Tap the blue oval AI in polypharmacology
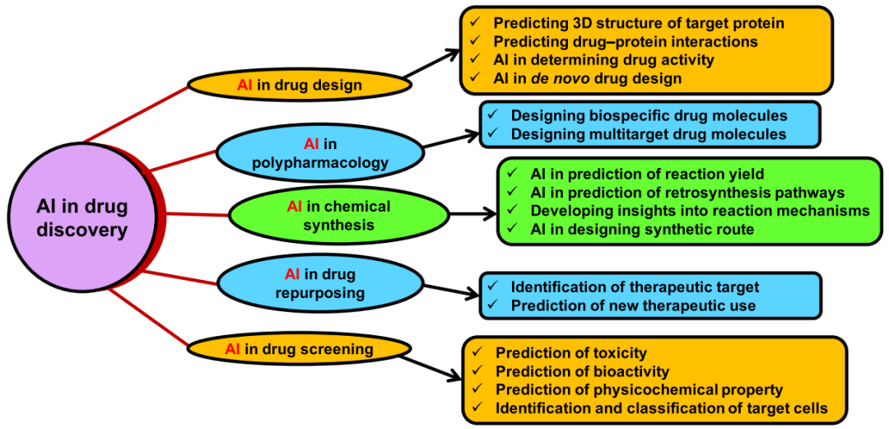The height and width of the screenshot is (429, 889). pyautogui.click(x=319, y=152)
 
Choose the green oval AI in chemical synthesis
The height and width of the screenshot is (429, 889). pyautogui.click(x=338, y=215)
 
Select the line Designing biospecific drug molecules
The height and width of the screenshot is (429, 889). pyautogui.click(x=649, y=115)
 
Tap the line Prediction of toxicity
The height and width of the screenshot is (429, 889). pyautogui.click(x=571, y=353)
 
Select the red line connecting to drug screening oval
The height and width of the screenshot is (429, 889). pyautogui.click(x=147, y=317)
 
